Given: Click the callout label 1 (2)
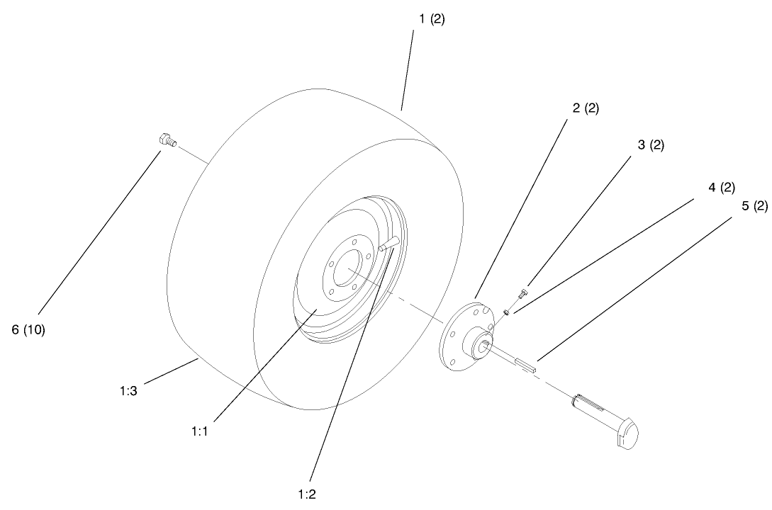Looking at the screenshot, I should point(432,20).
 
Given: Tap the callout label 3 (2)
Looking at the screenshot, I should point(651,145).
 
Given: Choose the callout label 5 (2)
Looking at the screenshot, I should point(754,206).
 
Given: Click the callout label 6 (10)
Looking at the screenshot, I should point(28,330).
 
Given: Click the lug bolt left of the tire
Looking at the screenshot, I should point(167,140).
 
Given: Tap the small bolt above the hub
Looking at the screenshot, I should point(523,290).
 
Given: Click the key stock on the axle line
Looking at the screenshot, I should point(528,365).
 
